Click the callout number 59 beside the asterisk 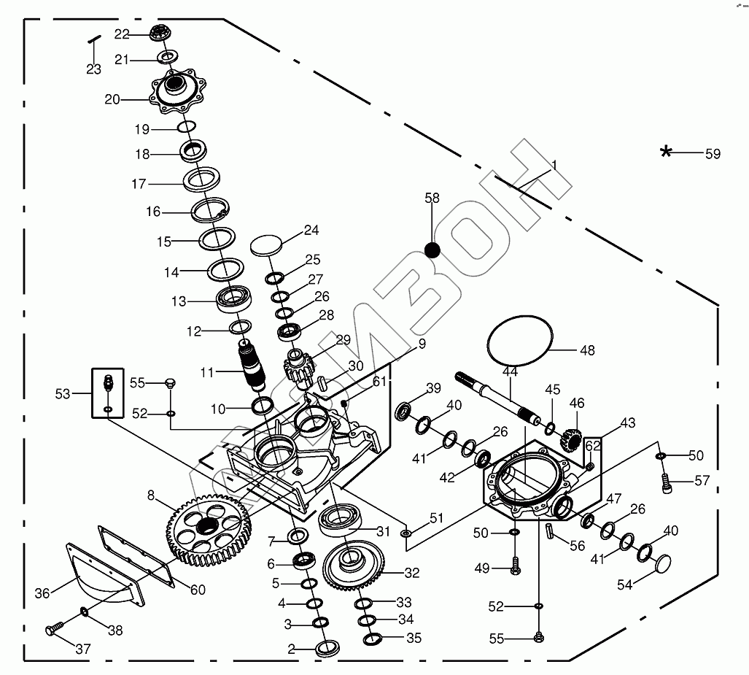pyautogui.click(x=712, y=153)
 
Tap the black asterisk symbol pyautogui.click(x=666, y=152)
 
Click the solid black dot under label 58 pyautogui.click(x=432, y=250)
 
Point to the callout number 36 pyautogui.click(x=42, y=593)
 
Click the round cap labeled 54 pyautogui.click(x=664, y=564)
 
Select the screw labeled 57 pyautogui.click(x=664, y=480)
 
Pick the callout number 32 pyautogui.click(x=411, y=574)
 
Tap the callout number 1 pyautogui.click(x=554, y=166)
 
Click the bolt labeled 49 pyautogui.click(x=516, y=566)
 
